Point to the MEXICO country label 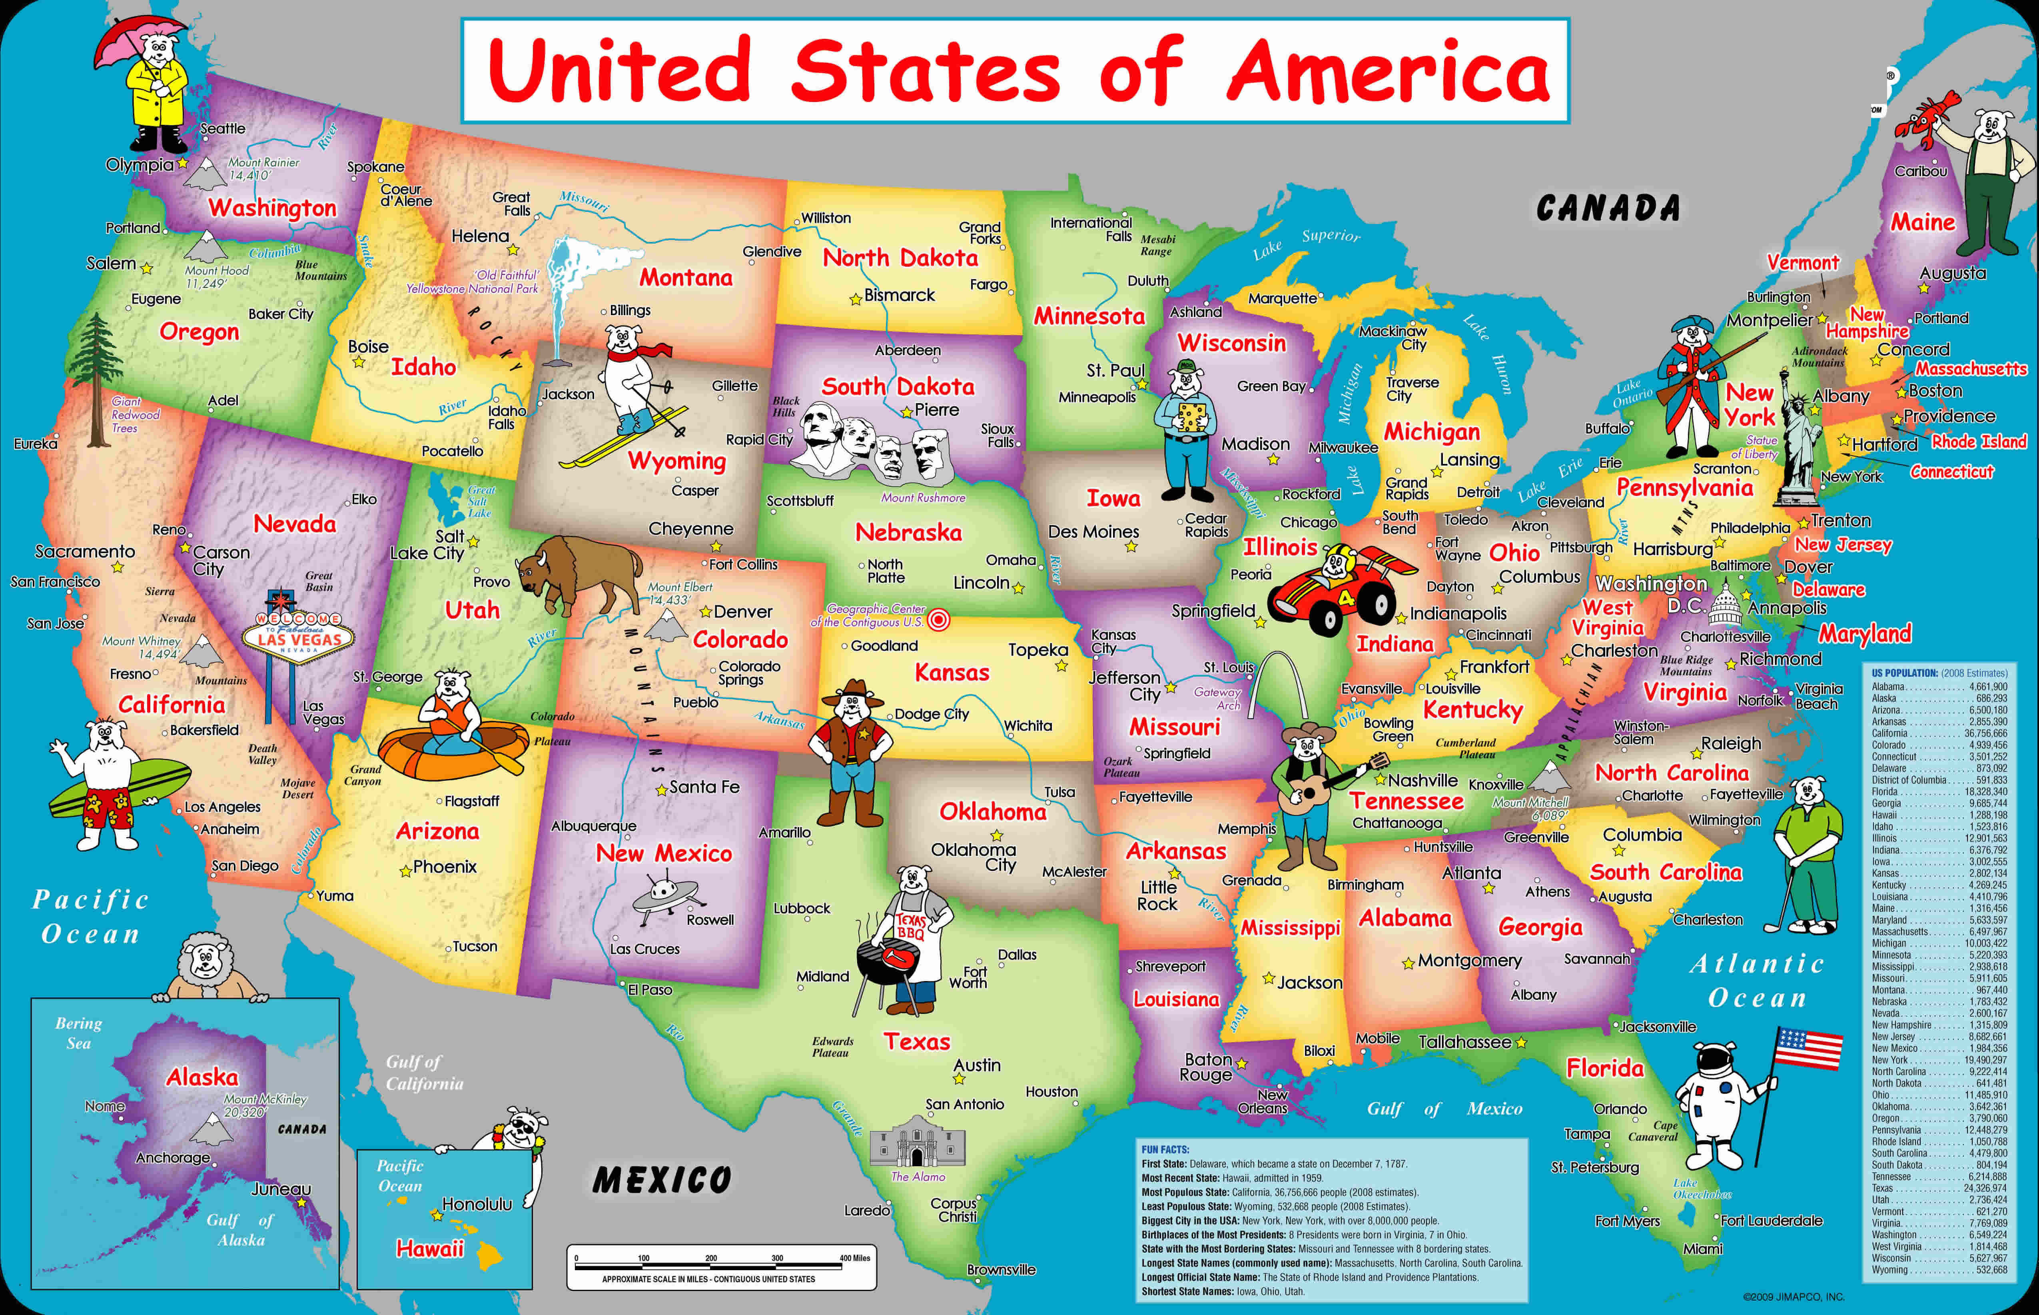tap(661, 1180)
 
